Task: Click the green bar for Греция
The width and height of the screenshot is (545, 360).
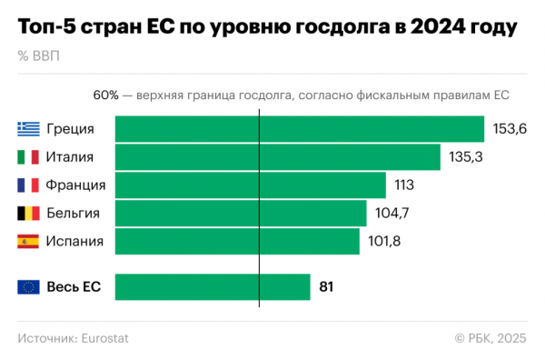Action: point(300,129)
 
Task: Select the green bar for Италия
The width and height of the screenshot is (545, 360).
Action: point(278,157)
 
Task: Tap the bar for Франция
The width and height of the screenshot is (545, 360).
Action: point(251,185)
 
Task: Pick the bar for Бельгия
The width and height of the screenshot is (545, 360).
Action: point(241,214)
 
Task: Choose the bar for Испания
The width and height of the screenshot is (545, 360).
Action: point(237,241)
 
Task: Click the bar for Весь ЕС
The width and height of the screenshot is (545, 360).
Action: point(213,287)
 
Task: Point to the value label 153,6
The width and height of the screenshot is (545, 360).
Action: point(510,129)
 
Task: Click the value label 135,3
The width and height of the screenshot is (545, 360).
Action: point(466,157)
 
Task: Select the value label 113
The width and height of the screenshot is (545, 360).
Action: point(404,185)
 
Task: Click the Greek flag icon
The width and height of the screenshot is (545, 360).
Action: point(28,129)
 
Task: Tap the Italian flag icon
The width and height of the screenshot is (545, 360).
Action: point(28,157)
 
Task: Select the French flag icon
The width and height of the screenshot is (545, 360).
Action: point(28,185)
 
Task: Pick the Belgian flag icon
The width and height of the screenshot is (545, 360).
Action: point(28,214)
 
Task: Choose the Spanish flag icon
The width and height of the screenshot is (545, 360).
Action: point(28,241)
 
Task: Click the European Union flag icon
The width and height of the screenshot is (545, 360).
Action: point(28,287)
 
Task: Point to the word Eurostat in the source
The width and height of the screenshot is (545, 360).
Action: point(105,338)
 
